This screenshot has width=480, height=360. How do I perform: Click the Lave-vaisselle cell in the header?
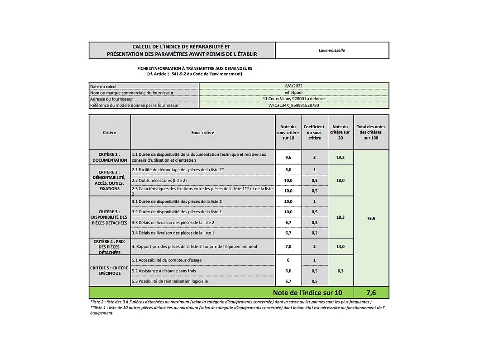[331, 50]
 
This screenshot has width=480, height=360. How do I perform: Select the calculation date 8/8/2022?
[293, 86]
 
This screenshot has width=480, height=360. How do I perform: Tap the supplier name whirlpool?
[293, 92]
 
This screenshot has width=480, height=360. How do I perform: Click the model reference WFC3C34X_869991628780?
[293, 105]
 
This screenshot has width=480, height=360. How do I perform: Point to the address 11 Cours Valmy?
[293, 99]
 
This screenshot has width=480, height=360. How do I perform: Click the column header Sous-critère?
[202, 133]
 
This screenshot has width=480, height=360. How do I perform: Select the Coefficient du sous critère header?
[314, 132]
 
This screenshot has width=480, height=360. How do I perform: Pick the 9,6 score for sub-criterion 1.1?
[288, 157]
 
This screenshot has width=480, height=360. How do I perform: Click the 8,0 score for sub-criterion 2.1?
[288, 169]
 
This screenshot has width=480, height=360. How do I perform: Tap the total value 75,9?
[371, 218]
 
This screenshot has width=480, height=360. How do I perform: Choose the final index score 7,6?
[371, 293]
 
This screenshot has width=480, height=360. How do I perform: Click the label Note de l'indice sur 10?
[307, 293]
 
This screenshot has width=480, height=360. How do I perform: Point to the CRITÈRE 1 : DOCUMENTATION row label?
[110, 157]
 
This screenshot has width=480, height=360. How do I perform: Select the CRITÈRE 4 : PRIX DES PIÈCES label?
[110, 247]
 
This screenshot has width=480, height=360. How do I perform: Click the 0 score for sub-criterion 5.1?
[288, 260]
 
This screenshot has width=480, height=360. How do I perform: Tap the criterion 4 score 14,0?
[341, 247]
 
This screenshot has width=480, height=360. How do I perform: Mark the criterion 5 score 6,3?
[341, 271]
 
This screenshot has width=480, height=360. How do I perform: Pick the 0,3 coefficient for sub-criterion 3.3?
[314, 222]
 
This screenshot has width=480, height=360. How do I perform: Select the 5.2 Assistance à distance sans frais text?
[163, 271]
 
